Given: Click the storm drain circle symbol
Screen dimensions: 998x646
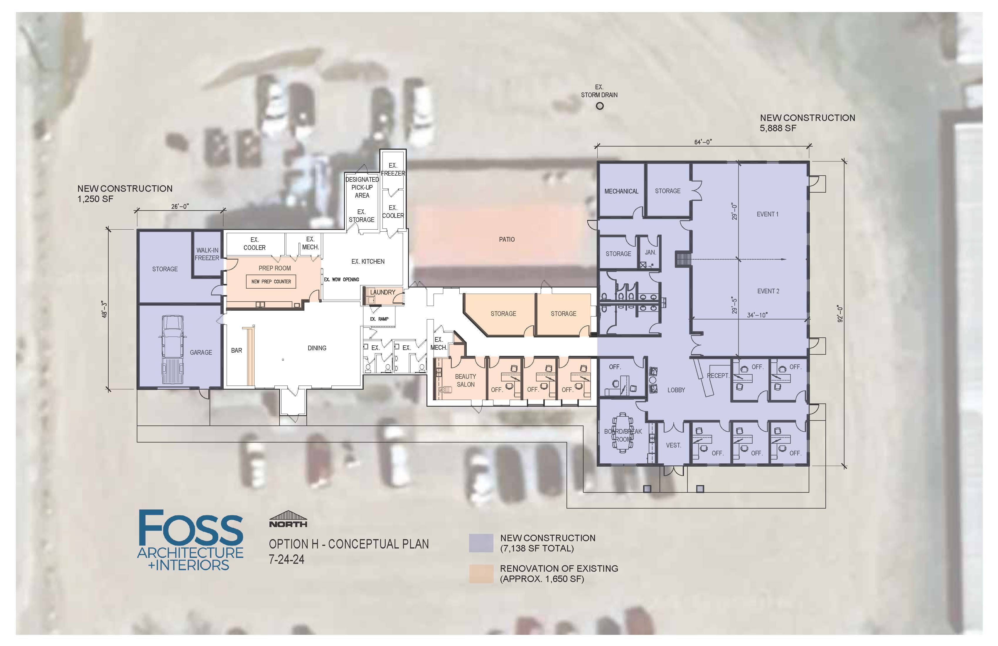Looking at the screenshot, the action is coord(600,106).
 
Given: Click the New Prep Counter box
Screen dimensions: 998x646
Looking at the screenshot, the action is coord(271,282).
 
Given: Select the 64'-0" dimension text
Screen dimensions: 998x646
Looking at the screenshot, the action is coord(703,142).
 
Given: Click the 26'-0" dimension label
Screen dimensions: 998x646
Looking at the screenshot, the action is coord(180,206).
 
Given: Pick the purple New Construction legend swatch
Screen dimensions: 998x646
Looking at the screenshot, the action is coord(481,543).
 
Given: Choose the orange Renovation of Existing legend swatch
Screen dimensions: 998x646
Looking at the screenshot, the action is coord(481,574).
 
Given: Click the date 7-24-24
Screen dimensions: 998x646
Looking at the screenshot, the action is coord(287,559).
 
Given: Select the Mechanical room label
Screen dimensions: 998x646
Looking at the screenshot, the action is coord(621,191).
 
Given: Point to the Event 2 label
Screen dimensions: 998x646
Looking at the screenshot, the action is coord(768,291).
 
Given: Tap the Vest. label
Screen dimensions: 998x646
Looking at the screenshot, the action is coord(673,445).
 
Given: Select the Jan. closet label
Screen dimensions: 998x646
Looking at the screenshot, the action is coord(650,253).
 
